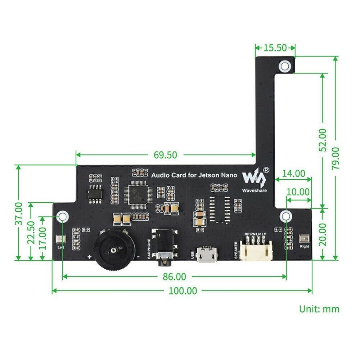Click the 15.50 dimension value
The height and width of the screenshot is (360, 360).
[275, 48]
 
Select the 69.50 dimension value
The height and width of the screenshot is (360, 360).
[166, 155]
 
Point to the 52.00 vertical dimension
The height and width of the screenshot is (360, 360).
[323, 140]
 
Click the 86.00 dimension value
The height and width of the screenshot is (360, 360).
[174, 276]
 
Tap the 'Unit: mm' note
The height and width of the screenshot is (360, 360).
[319, 309]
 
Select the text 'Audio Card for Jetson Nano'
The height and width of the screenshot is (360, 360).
[194, 175]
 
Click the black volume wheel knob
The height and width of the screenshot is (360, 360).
[114, 249]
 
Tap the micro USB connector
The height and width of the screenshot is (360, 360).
[207, 255]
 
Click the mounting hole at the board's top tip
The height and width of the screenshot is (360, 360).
[285, 66]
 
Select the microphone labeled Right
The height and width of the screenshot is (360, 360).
[304, 239]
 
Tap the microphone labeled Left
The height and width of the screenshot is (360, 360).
[60, 239]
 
